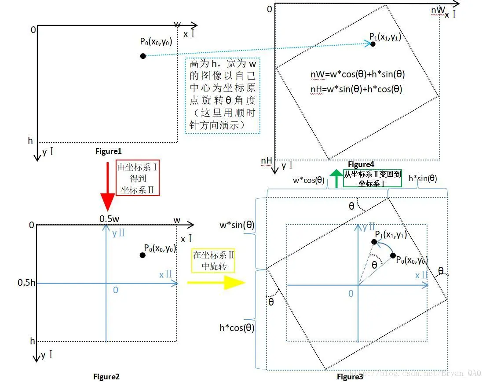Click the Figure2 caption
click(106, 376)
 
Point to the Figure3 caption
click(350, 376)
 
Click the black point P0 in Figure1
click(143, 56)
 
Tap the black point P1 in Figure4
click(373, 44)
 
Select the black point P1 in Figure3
click(374, 242)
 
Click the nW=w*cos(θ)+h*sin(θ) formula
click(357, 75)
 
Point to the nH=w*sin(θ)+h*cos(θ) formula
click(356, 89)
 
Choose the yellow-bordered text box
click(213, 261)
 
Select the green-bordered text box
click(366, 178)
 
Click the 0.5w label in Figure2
click(109, 219)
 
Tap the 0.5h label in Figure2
click(26, 282)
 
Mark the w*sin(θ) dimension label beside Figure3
click(237, 225)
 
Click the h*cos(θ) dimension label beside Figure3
click(237, 327)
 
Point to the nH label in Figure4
click(267, 161)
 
